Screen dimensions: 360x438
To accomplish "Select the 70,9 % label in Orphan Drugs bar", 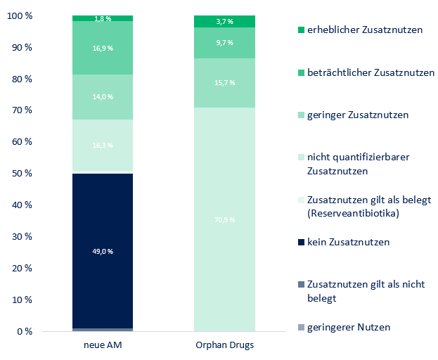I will coord(225,220).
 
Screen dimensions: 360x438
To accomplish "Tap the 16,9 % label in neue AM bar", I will coord(103,49).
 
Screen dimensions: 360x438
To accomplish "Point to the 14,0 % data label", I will coord(103,96).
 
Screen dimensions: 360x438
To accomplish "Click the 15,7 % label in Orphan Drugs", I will coord(225,84).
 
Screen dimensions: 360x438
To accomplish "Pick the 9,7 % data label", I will coord(225,44).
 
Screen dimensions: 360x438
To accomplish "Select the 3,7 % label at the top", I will coord(225,22).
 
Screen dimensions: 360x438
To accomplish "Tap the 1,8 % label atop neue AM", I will coord(103,18).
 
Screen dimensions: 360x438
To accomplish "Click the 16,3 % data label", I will coord(103,146).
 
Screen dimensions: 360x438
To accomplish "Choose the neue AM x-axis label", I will coord(103,345).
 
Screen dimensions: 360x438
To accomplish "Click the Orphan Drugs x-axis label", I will coord(225,345).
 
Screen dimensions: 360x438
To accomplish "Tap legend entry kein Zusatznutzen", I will coord(348,242).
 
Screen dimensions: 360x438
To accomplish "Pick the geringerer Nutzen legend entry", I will coord(348,327).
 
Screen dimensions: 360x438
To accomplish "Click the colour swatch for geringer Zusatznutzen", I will coord(302,115).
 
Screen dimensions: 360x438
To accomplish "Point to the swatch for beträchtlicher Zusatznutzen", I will coord(302,72).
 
